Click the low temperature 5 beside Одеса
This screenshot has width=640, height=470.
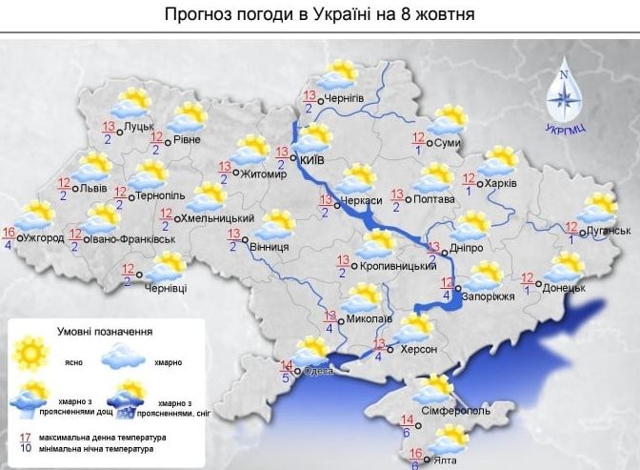287,377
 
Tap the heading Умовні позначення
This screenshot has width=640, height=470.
110,331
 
